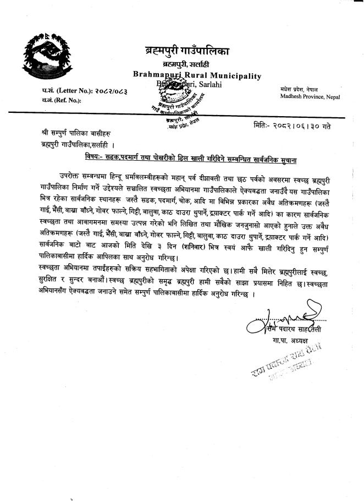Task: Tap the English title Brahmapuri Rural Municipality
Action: click(197, 75)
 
